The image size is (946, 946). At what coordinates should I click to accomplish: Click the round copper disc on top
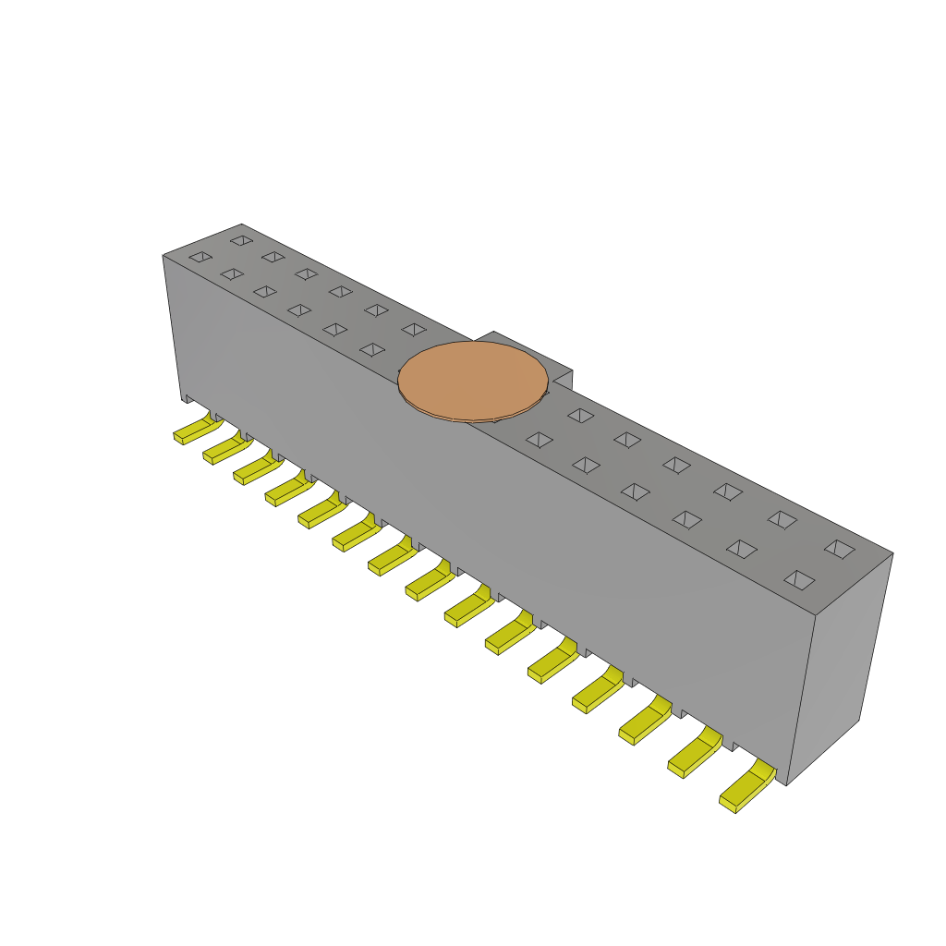tap(472, 381)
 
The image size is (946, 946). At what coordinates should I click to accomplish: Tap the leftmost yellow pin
tap(194, 431)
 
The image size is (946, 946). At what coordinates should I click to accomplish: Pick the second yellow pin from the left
tap(224, 450)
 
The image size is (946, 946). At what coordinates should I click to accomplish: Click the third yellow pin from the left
tap(256, 470)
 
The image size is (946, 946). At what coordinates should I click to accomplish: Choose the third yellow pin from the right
tap(643, 721)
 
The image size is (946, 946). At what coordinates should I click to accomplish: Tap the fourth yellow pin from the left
tap(287, 491)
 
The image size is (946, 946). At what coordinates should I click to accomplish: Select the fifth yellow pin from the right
tap(552, 661)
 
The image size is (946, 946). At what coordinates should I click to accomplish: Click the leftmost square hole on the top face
tap(200, 257)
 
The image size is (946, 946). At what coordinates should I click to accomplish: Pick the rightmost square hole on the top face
tap(840, 549)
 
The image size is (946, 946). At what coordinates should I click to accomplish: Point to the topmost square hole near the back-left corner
tap(241, 240)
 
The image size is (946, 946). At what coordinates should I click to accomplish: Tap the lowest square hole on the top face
tap(799, 580)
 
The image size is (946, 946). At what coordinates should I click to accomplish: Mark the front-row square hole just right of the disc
tap(540, 440)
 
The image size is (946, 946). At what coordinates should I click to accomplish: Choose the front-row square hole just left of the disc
tap(372, 349)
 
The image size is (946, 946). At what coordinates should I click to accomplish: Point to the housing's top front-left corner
tap(164, 256)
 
